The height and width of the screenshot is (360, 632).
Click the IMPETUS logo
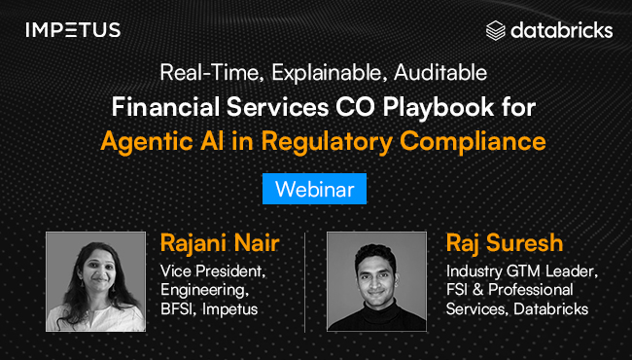(73, 30)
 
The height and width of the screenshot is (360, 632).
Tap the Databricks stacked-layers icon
(495, 30)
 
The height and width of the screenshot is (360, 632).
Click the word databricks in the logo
(562, 30)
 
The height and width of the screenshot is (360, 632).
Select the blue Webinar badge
(314, 189)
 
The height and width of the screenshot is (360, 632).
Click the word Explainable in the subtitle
(328, 73)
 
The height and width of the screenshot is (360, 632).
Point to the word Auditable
(440, 73)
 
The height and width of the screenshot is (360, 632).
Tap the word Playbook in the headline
(439, 108)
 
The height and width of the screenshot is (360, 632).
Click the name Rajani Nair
(220, 243)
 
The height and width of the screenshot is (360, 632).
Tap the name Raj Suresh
(505, 243)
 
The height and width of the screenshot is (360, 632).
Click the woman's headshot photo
(95, 281)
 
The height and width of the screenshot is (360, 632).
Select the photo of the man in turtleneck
(376, 281)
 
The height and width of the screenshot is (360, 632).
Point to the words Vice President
(213, 271)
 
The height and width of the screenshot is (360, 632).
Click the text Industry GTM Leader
(522, 271)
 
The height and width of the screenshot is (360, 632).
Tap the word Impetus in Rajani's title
(229, 309)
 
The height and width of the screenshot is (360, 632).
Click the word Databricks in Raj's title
(551, 309)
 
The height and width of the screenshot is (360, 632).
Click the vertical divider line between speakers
(304, 282)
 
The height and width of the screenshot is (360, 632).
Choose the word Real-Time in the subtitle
(212, 73)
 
